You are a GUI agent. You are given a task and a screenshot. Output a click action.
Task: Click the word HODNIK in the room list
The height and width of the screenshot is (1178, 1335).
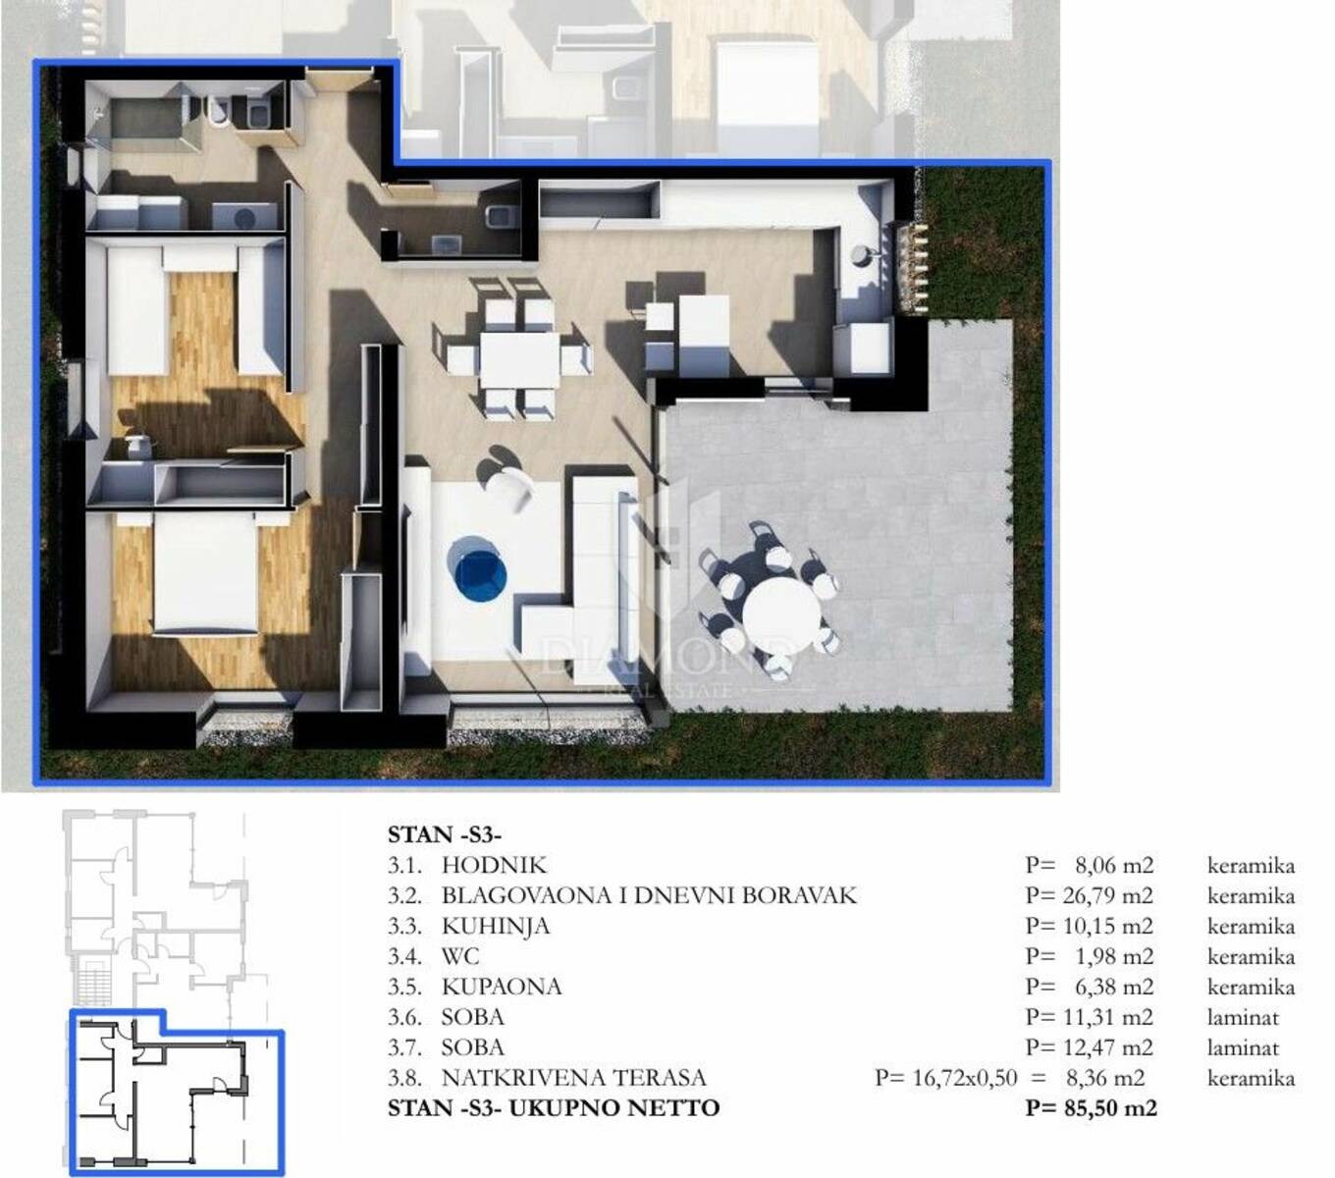pyautogui.click(x=494, y=865)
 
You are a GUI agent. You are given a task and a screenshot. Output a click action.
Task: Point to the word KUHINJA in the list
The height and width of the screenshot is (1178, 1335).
pyautogui.click(x=496, y=926)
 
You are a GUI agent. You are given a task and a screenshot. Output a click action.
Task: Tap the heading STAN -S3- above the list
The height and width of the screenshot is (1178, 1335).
pyautogui.click(x=445, y=834)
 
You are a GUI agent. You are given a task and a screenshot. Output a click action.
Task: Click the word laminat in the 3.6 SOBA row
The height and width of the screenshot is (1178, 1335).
pyautogui.click(x=1243, y=1017)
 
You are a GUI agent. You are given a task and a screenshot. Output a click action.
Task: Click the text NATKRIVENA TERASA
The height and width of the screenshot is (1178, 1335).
pyautogui.click(x=574, y=1078)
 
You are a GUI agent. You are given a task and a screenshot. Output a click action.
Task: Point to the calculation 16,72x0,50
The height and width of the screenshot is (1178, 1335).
pyautogui.click(x=965, y=1078)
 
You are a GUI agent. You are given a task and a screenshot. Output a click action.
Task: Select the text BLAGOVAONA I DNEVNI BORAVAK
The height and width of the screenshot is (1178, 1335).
pyautogui.click(x=649, y=895)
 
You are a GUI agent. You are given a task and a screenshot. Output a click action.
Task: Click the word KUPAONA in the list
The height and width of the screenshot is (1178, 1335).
pyautogui.click(x=502, y=987)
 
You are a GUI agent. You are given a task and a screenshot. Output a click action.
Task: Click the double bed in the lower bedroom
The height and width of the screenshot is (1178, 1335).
pyautogui.click(x=204, y=573)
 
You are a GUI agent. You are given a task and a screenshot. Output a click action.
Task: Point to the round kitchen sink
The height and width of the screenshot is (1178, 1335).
pyautogui.click(x=861, y=254)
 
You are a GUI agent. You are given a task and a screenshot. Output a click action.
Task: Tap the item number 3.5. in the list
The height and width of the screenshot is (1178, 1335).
pyautogui.click(x=404, y=987)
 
